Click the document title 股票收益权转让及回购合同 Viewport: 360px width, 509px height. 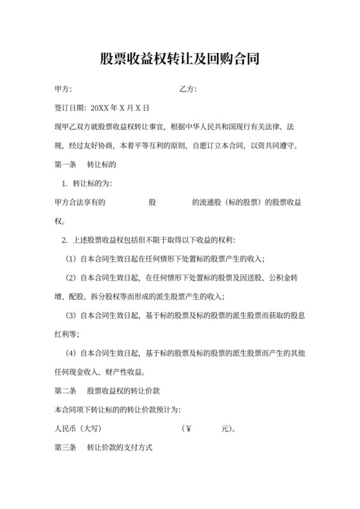point(179,60)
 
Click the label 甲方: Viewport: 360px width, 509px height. point(63,88)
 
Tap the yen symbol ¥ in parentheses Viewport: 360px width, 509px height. point(188,428)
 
